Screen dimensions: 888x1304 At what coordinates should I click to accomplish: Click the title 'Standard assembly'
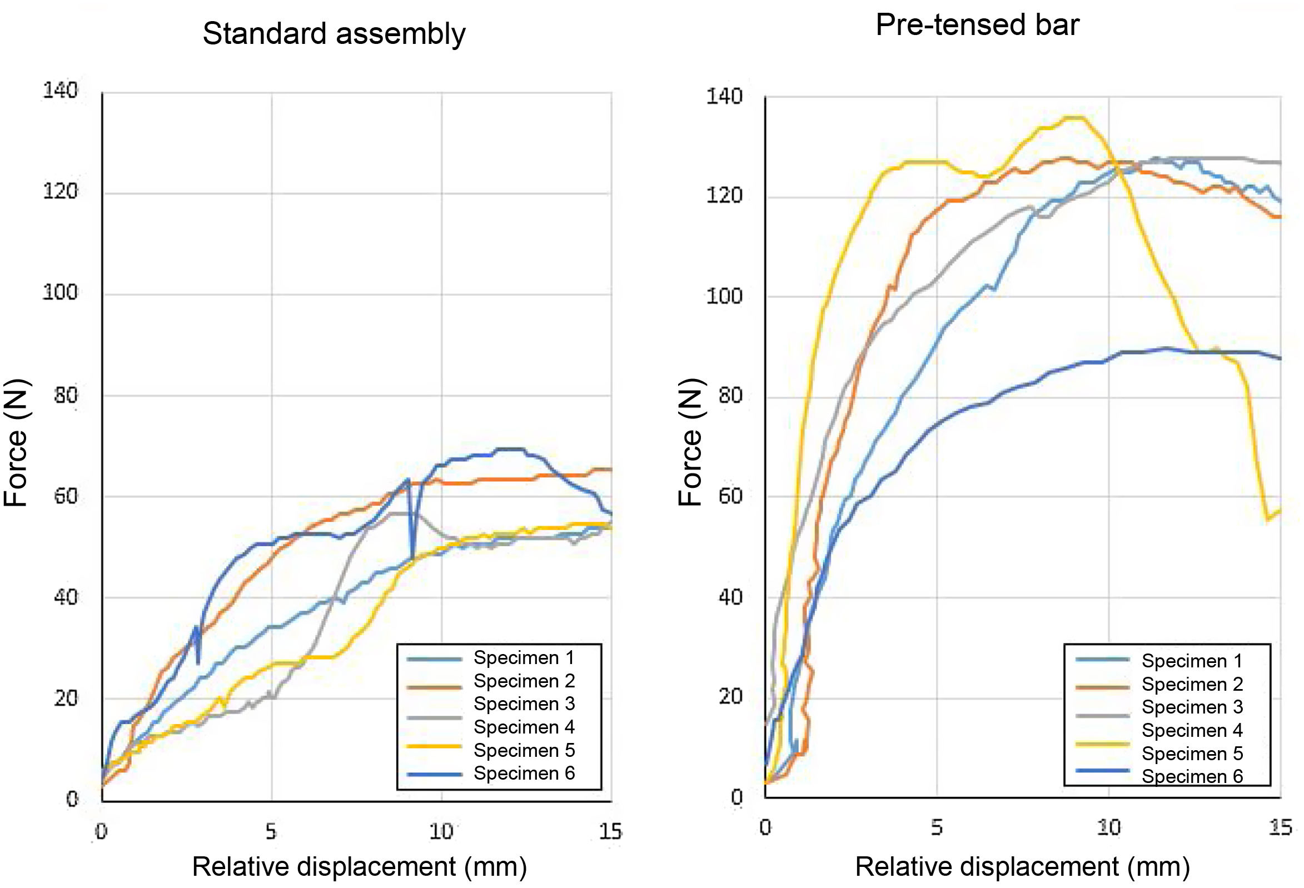(x=334, y=34)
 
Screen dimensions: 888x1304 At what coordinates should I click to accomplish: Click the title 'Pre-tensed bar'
(x=977, y=25)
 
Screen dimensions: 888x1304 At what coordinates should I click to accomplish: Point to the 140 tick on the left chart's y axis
(x=60, y=91)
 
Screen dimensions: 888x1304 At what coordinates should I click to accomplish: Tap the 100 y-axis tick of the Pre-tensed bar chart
(x=724, y=296)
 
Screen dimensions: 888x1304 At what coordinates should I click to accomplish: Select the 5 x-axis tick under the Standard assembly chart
(x=271, y=831)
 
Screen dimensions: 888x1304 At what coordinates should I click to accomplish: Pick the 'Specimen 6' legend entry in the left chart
(x=524, y=773)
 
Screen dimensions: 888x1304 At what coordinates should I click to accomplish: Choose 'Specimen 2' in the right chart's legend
(x=1192, y=684)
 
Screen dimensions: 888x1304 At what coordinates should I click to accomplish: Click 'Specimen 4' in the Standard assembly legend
(x=524, y=727)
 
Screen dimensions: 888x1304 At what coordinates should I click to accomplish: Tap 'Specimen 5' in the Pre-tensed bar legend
(x=1192, y=754)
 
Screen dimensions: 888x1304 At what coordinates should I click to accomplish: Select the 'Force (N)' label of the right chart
(x=690, y=443)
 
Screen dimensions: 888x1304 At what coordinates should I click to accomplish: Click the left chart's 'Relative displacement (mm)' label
(x=359, y=866)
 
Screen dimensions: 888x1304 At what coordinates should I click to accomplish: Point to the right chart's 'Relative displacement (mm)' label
(x=1022, y=867)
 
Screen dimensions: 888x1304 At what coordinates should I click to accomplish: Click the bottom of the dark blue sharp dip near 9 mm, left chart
(x=412, y=558)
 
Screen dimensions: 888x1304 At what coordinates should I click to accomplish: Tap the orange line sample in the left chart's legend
(x=434, y=685)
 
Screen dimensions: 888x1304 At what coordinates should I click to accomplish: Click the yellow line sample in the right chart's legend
(x=1103, y=745)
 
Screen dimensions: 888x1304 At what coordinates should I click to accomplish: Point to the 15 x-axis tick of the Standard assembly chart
(x=610, y=831)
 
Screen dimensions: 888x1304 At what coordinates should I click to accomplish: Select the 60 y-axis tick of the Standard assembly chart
(x=65, y=496)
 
